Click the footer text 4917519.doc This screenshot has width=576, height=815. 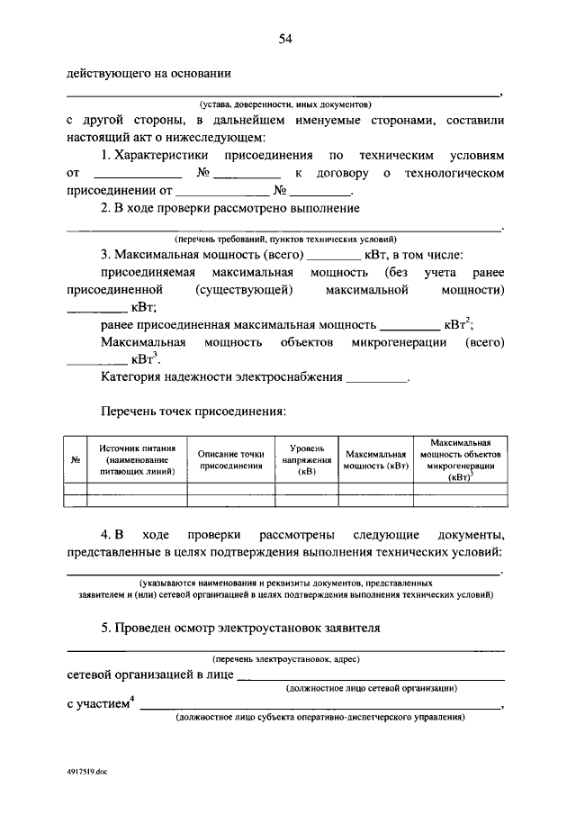coord(90,772)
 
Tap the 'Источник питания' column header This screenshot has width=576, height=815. coord(138,459)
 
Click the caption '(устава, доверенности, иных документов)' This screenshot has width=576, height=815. coord(284,104)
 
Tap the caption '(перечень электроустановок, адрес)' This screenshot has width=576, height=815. coord(285,659)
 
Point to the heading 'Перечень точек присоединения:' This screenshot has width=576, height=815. coord(193,412)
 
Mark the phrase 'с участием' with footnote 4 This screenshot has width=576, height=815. coord(98,703)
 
